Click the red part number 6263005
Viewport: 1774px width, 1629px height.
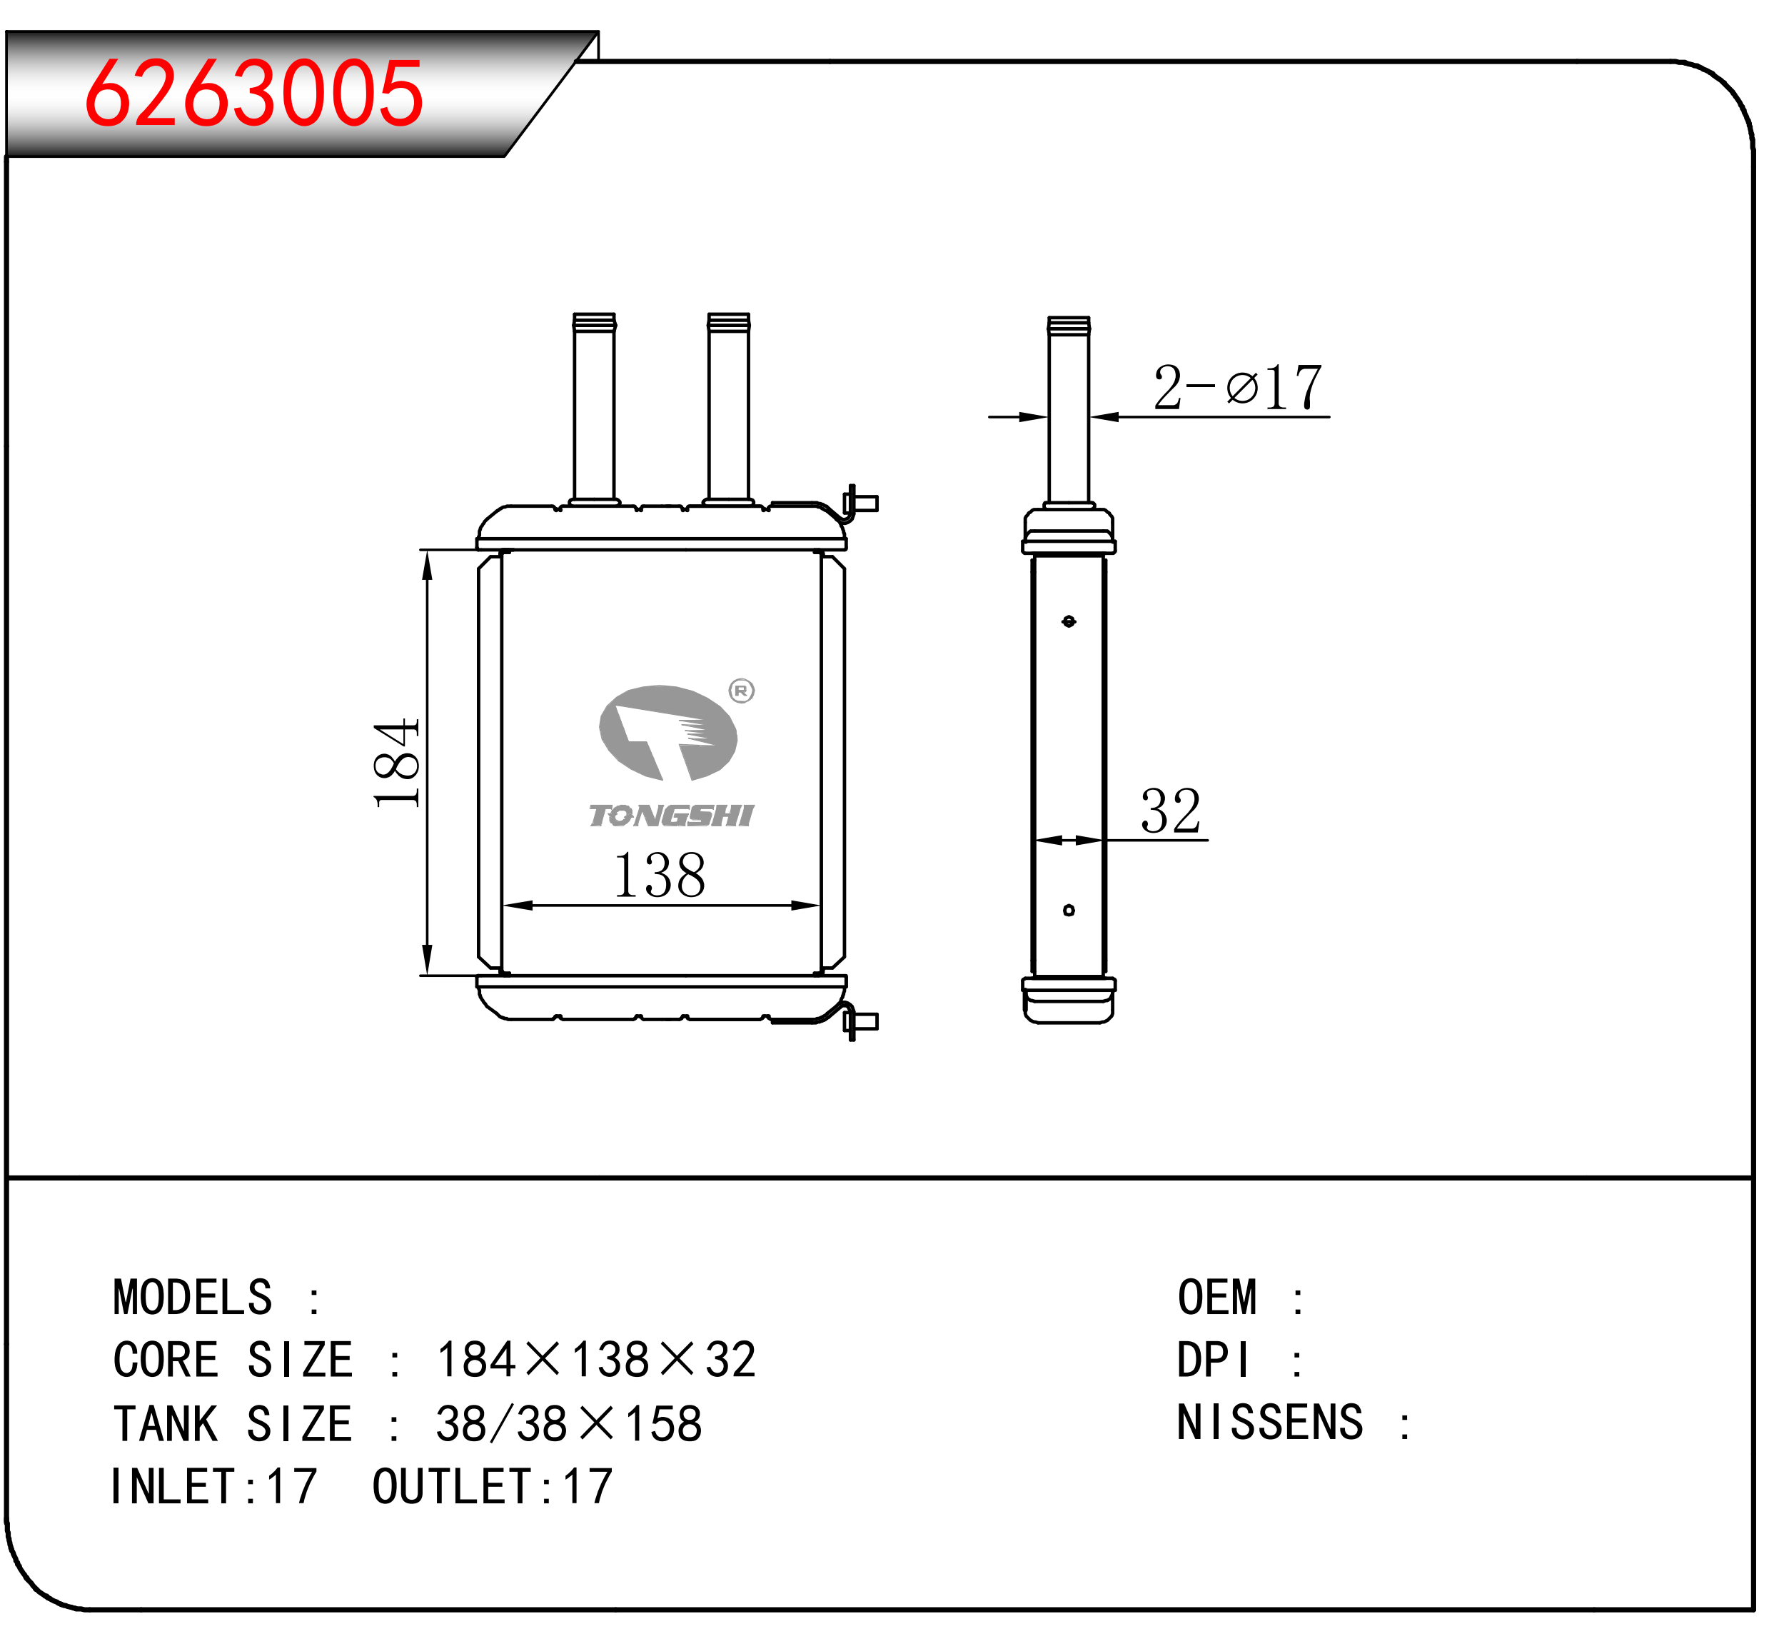(254, 93)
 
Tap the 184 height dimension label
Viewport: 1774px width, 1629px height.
(397, 763)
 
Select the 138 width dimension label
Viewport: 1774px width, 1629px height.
(660, 876)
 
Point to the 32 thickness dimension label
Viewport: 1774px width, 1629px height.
(1171, 811)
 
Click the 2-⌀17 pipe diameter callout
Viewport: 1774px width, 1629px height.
(1238, 387)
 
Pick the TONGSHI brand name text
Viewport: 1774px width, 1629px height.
(672, 816)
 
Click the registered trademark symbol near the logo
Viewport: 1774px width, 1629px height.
(742, 691)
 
